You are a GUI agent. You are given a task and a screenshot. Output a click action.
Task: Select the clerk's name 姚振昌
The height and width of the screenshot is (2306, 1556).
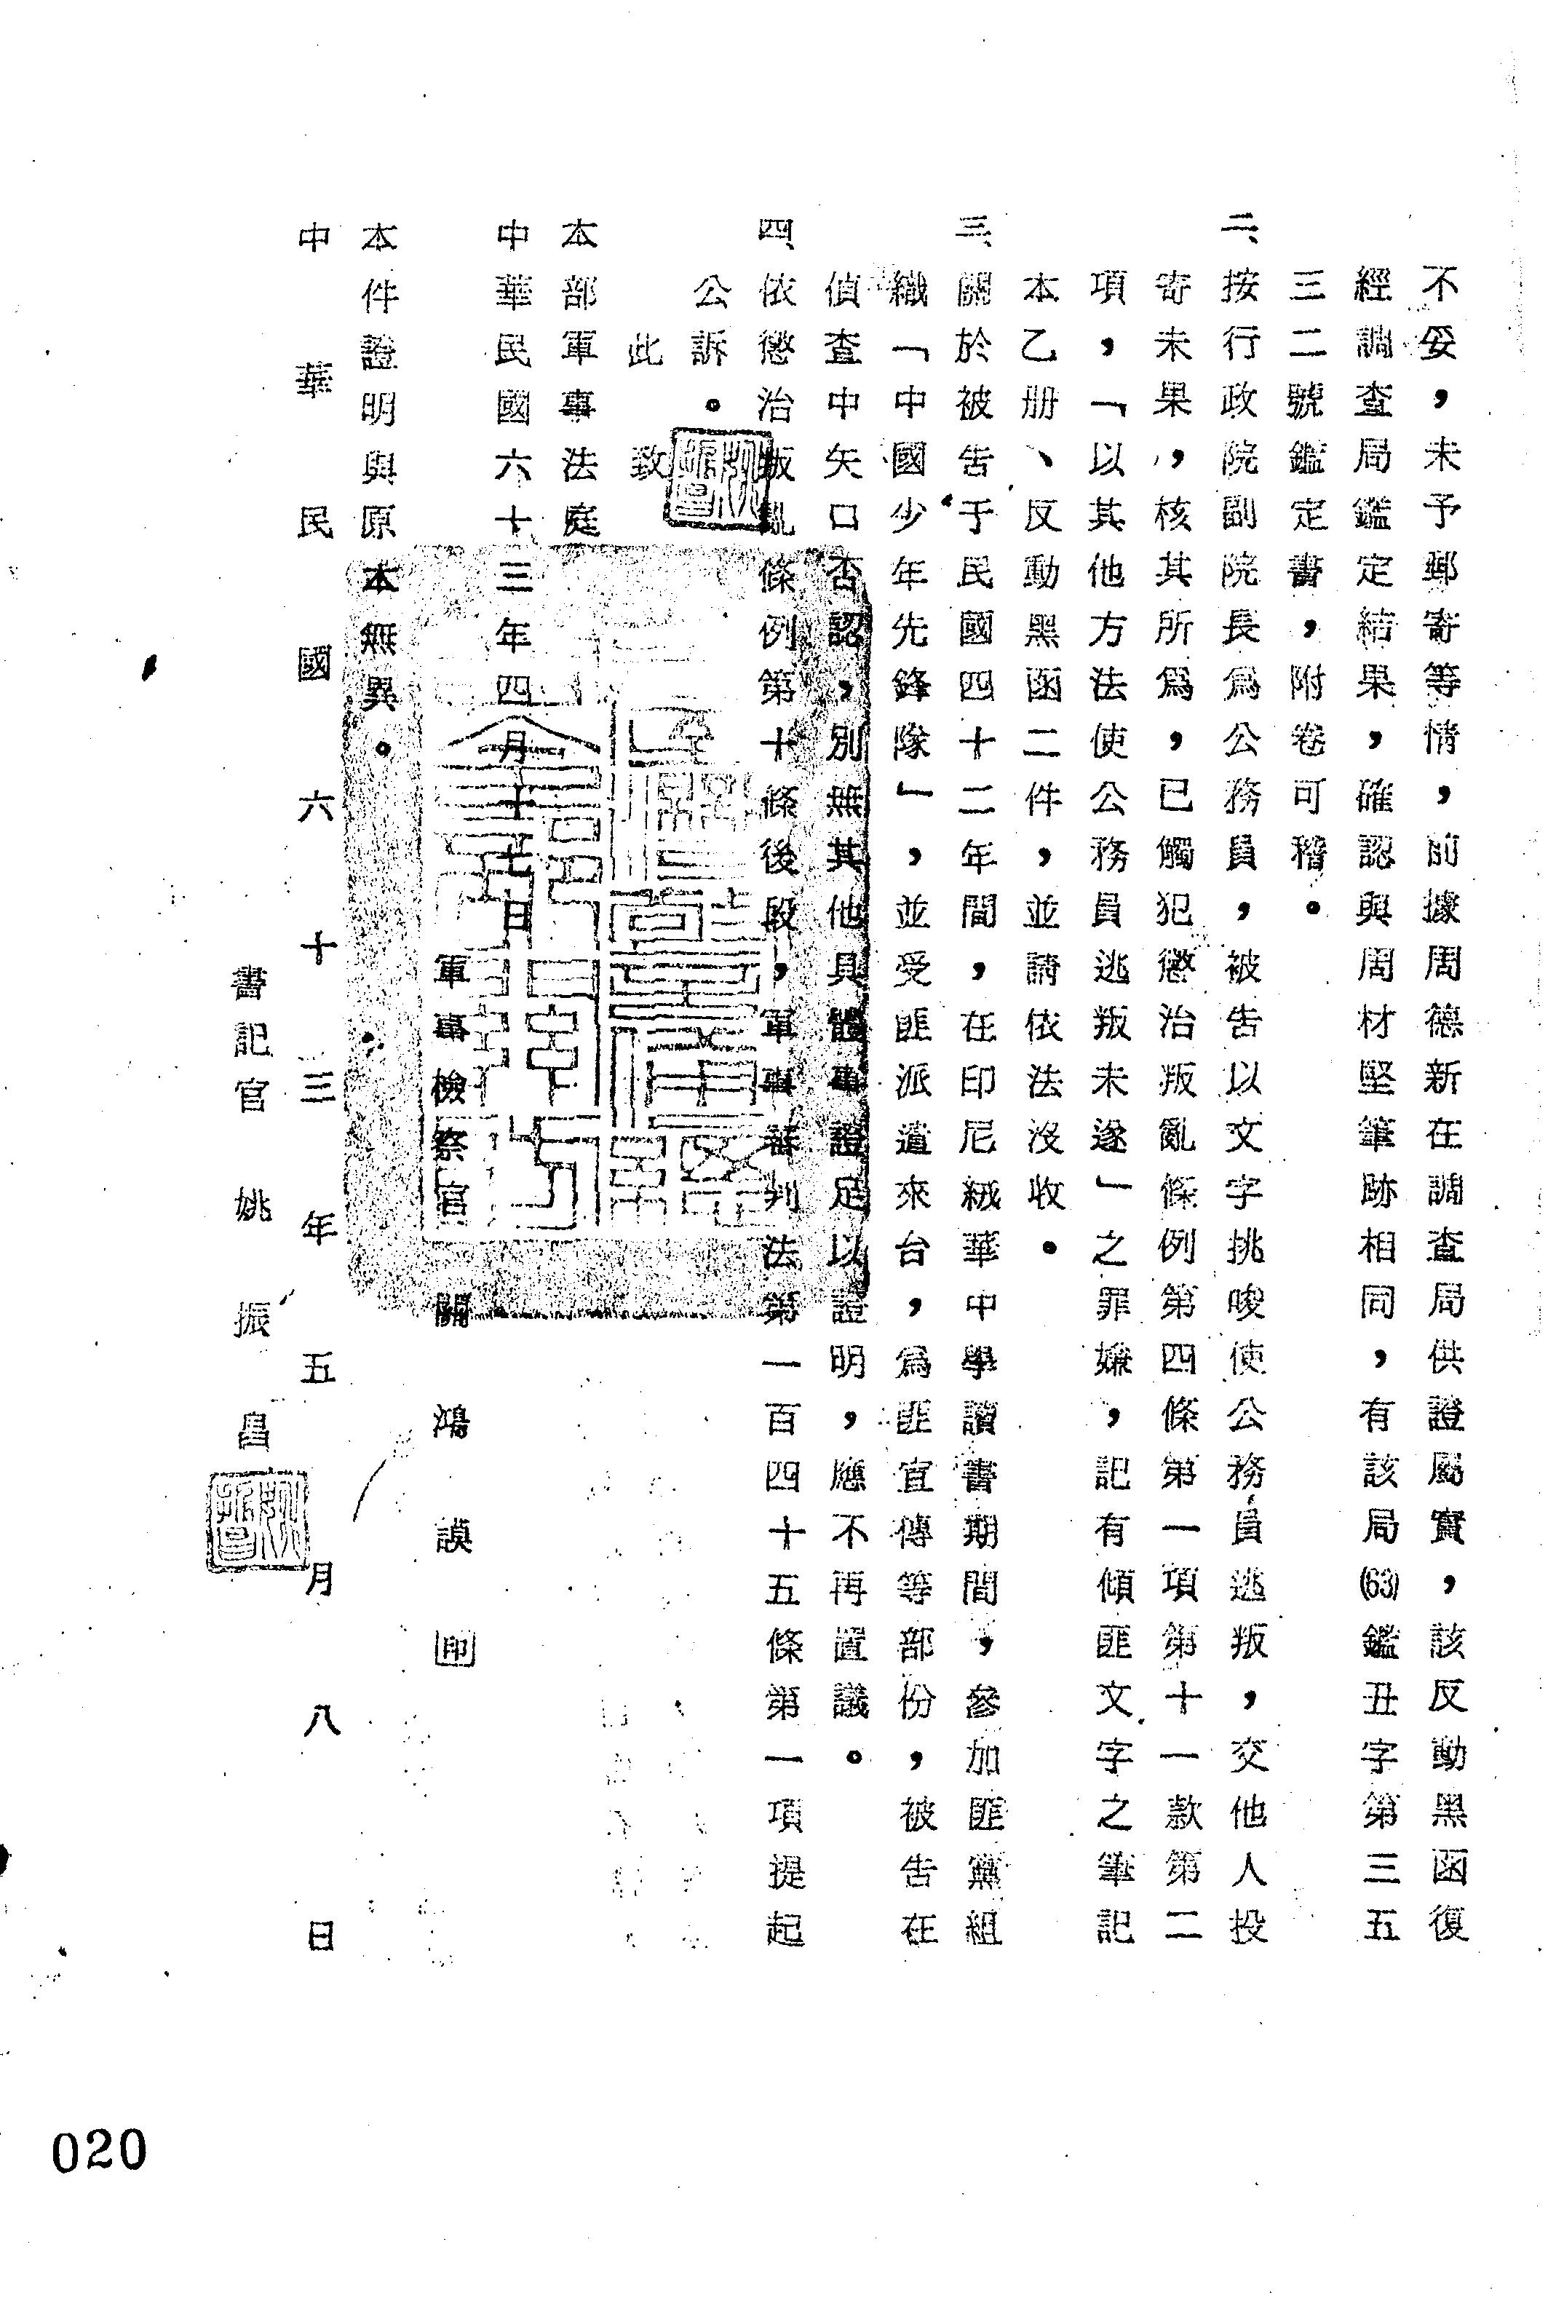point(251,1320)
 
